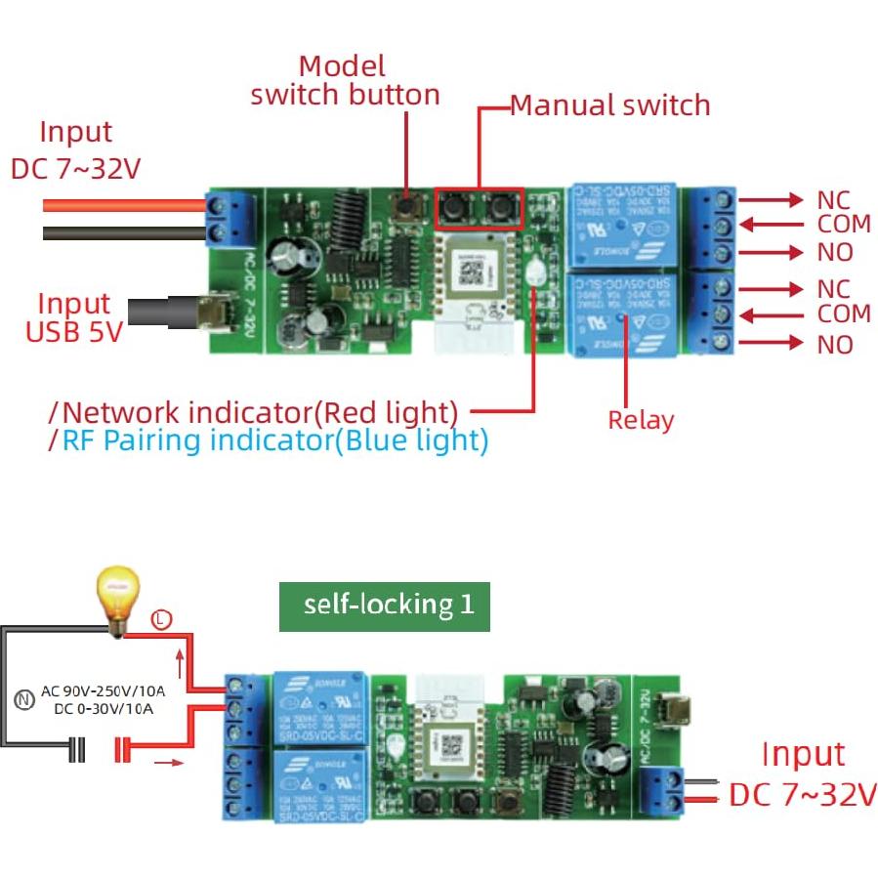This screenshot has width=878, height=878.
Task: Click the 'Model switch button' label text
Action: click(x=344, y=80)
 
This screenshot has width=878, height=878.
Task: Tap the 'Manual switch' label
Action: click(x=610, y=105)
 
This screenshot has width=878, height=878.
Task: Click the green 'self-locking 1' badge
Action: click(x=389, y=604)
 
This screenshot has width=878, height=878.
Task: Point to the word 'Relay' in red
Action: click(x=641, y=420)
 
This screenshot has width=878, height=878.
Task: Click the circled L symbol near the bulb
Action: click(x=162, y=618)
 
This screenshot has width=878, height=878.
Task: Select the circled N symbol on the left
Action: click(x=24, y=699)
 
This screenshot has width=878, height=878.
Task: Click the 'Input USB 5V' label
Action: click(x=74, y=317)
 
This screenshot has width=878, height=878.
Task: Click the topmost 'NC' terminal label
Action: click(x=833, y=199)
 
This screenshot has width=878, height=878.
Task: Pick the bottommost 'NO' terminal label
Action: click(x=834, y=344)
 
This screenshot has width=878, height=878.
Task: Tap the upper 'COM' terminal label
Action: click(x=843, y=224)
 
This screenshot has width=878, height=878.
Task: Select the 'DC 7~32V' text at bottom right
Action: click(x=802, y=795)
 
